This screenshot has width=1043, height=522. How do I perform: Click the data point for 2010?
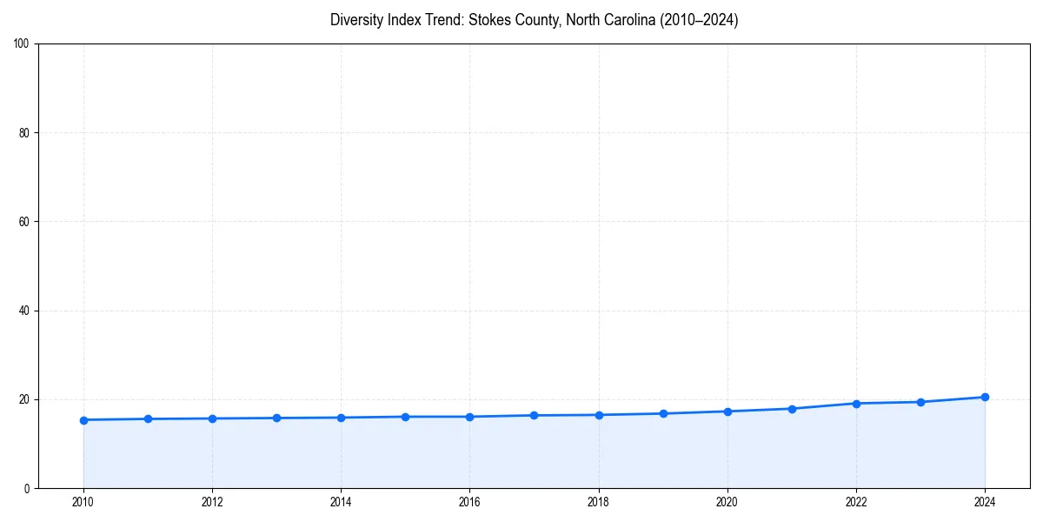point(83,420)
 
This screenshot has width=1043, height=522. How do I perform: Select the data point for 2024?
point(985,397)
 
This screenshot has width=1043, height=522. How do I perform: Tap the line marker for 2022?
point(856,404)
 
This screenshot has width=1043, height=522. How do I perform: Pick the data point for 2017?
point(534,415)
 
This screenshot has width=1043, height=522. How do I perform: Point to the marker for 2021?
point(792,409)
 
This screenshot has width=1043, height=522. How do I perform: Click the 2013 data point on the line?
point(276,418)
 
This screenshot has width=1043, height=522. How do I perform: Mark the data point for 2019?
point(663,413)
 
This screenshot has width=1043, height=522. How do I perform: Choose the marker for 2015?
point(405,417)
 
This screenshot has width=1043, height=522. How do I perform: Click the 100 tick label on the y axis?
point(23,44)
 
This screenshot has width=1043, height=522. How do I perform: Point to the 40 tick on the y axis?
point(25,311)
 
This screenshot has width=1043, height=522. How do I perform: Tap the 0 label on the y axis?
point(28,488)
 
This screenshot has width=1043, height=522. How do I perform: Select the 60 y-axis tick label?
point(25,222)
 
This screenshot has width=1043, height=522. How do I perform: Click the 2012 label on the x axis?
point(212,502)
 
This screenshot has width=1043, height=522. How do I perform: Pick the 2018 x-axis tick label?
point(598,502)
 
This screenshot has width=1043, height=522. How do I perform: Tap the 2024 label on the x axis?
point(985,502)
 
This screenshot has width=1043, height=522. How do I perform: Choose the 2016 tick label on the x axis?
point(469,502)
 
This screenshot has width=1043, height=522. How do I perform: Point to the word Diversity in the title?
point(358,20)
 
